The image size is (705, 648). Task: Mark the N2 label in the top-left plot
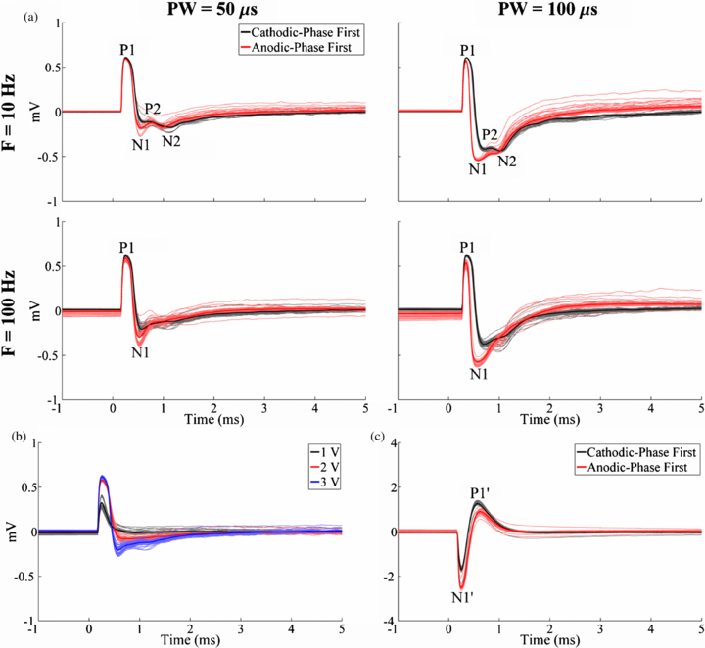(171, 141)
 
